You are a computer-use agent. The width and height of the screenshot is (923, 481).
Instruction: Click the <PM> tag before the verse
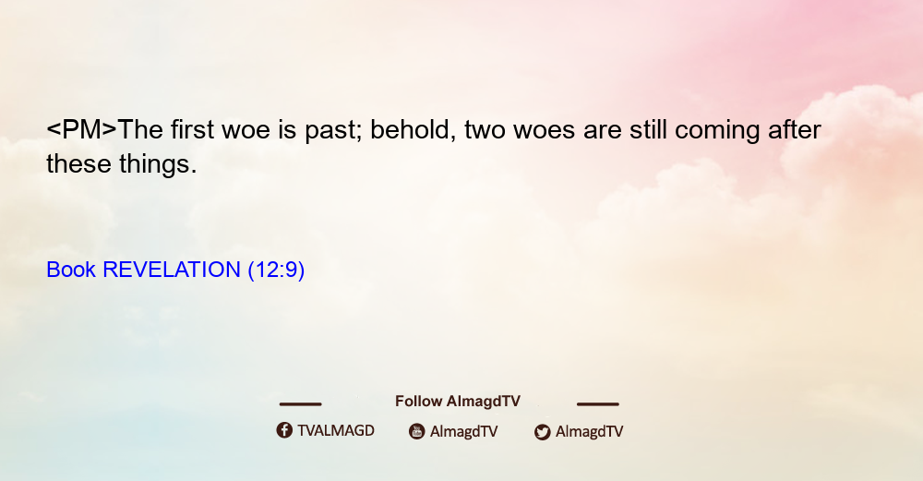point(82,129)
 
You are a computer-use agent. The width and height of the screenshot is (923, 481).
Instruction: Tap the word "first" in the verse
point(193,129)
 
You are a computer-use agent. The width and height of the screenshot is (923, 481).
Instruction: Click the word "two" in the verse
point(485,131)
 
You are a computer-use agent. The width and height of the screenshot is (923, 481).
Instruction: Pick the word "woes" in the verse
point(544,132)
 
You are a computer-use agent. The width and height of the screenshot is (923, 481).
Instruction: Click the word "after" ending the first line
point(794,129)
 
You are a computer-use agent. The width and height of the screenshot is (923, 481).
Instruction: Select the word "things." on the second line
point(158,164)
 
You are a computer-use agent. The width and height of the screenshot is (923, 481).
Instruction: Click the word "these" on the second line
point(78,163)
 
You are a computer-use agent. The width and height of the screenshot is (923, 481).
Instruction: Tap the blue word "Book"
point(71,270)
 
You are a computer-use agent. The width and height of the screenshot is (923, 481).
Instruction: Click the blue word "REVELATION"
point(172,270)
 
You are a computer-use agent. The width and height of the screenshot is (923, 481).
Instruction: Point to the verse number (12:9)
point(276,271)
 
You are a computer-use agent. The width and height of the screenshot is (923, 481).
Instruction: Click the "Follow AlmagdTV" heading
point(458,401)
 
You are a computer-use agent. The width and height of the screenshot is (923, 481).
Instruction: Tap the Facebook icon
point(284,430)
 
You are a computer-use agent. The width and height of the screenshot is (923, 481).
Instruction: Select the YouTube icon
point(417,431)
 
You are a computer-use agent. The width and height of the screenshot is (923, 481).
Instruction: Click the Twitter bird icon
point(542,432)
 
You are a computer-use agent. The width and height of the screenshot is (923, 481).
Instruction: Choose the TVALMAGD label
point(336,431)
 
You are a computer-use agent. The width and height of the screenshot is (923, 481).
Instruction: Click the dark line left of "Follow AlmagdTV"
point(300,403)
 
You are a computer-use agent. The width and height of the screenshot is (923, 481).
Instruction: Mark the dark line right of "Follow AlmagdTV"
point(598,403)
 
